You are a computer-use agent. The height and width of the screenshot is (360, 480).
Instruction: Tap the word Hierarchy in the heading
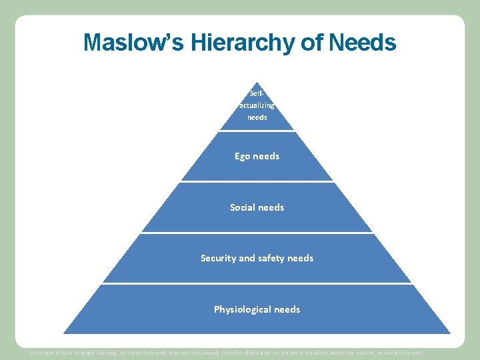pyautogui.click(x=245, y=43)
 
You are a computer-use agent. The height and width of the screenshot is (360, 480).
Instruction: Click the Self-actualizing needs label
pyautogui.click(x=257, y=105)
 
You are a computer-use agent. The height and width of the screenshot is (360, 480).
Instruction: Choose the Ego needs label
pyautogui.click(x=257, y=156)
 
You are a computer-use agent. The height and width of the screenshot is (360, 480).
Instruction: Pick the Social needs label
pyautogui.click(x=257, y=207)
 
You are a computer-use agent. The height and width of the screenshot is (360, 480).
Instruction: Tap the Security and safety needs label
pyautogui.click(x=257, y=258)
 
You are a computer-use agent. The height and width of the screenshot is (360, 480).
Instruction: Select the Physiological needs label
pyautogui.click(x=257, y=309)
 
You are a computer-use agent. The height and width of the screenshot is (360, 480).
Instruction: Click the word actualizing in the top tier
pyautogui.click(x=257, y=105)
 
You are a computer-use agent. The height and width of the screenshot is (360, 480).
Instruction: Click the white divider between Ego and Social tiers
pyautogui.click(x=257, y=181)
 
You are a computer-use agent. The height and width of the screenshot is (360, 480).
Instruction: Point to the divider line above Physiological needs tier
pyautogui.click(x=257, y=283)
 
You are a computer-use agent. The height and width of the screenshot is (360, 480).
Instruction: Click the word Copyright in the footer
pyautogui.click(x=43, y=352)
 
